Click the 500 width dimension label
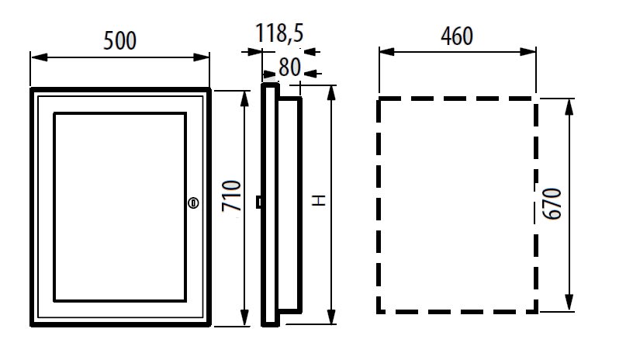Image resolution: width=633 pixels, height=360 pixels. [120, 41]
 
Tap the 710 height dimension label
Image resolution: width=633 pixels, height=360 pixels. [232, 196]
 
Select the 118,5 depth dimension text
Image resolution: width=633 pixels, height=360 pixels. [279, 33]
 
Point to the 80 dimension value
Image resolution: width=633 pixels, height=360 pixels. [289, 67]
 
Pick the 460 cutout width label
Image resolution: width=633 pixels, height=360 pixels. [457, 36]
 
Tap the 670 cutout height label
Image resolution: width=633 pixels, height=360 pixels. [552, 204]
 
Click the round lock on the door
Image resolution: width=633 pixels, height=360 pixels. [193, 202]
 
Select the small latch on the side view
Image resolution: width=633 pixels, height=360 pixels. [259, 202]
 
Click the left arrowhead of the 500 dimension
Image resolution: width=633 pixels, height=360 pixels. [39, 57]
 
